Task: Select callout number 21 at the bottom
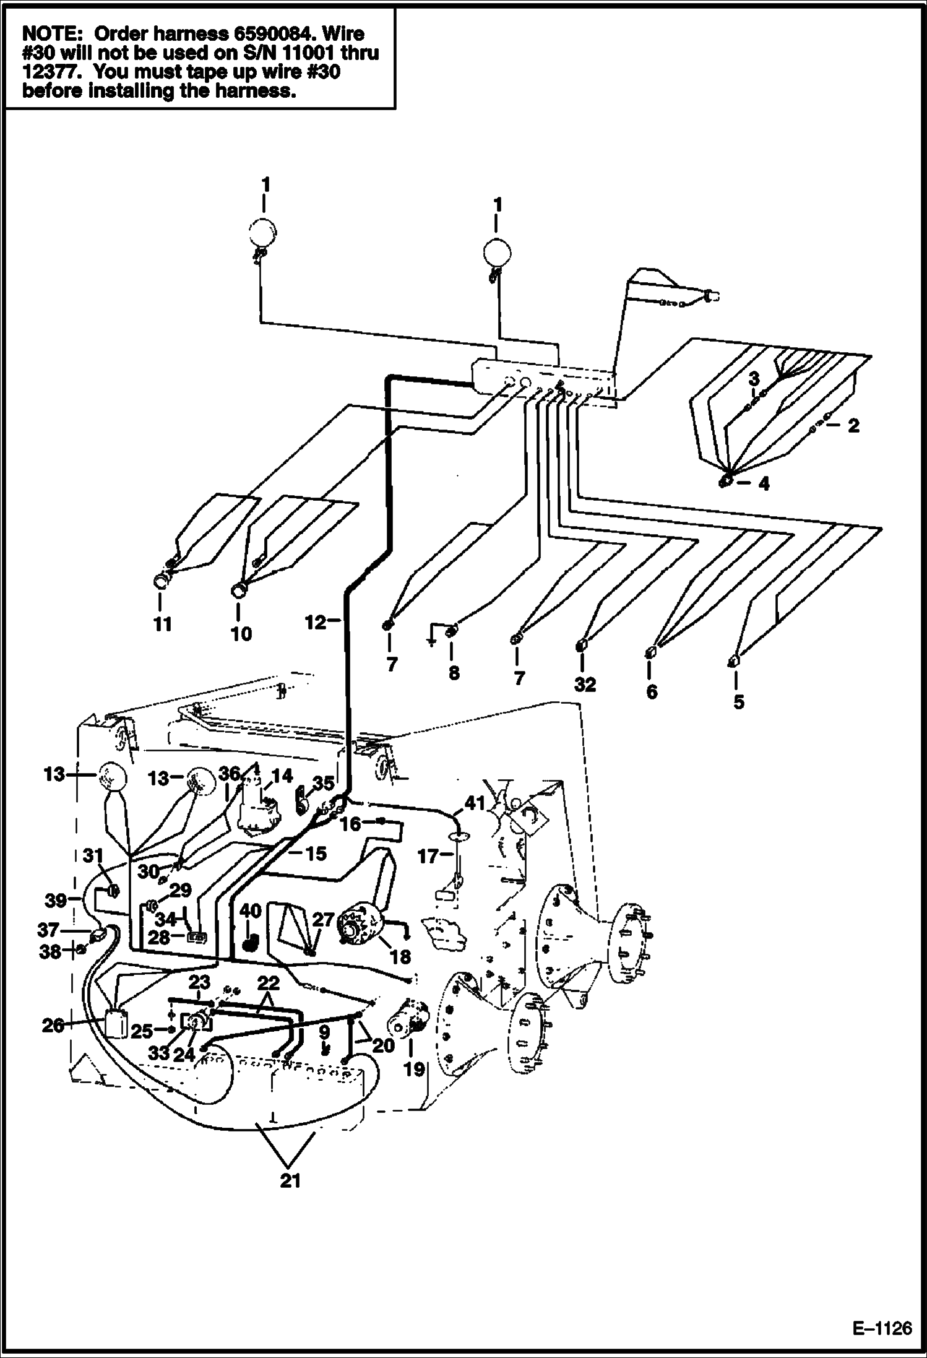click(x=290, y=1180)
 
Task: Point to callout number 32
click(x=584, y=685)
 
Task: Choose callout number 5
click(x=738, y=701)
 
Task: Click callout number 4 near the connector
click(x=764, y=484)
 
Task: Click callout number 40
click(x=251, y=911)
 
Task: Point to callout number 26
click(x=53, y=1026)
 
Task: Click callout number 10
click(x=241, y=634)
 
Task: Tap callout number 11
click(x=162, y=624)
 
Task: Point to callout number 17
click(x=428, y=857)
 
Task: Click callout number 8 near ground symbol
click(x=454, y=673)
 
